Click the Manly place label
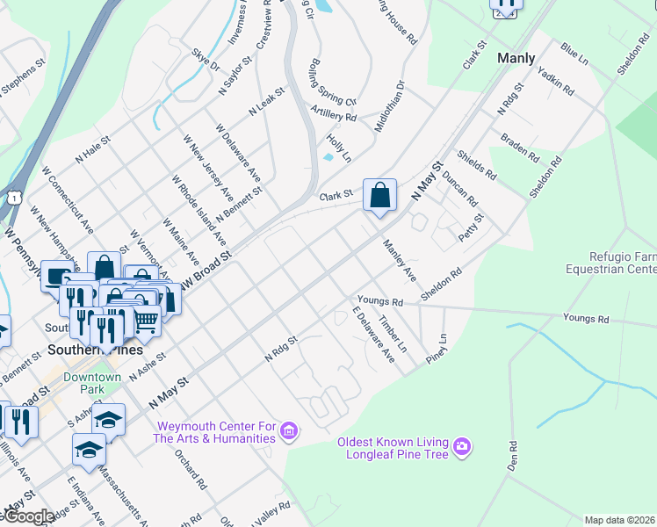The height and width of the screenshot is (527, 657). pos(516,58)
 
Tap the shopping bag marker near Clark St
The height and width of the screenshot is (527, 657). pos(379,195)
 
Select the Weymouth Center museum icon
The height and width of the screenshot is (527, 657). pos(289,432)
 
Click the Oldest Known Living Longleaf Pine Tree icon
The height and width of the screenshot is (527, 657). pos(462,448)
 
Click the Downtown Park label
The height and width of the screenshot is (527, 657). pos(92,383)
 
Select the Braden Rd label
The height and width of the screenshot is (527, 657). pos(519,148)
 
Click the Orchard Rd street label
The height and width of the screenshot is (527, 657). pos(190,471)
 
